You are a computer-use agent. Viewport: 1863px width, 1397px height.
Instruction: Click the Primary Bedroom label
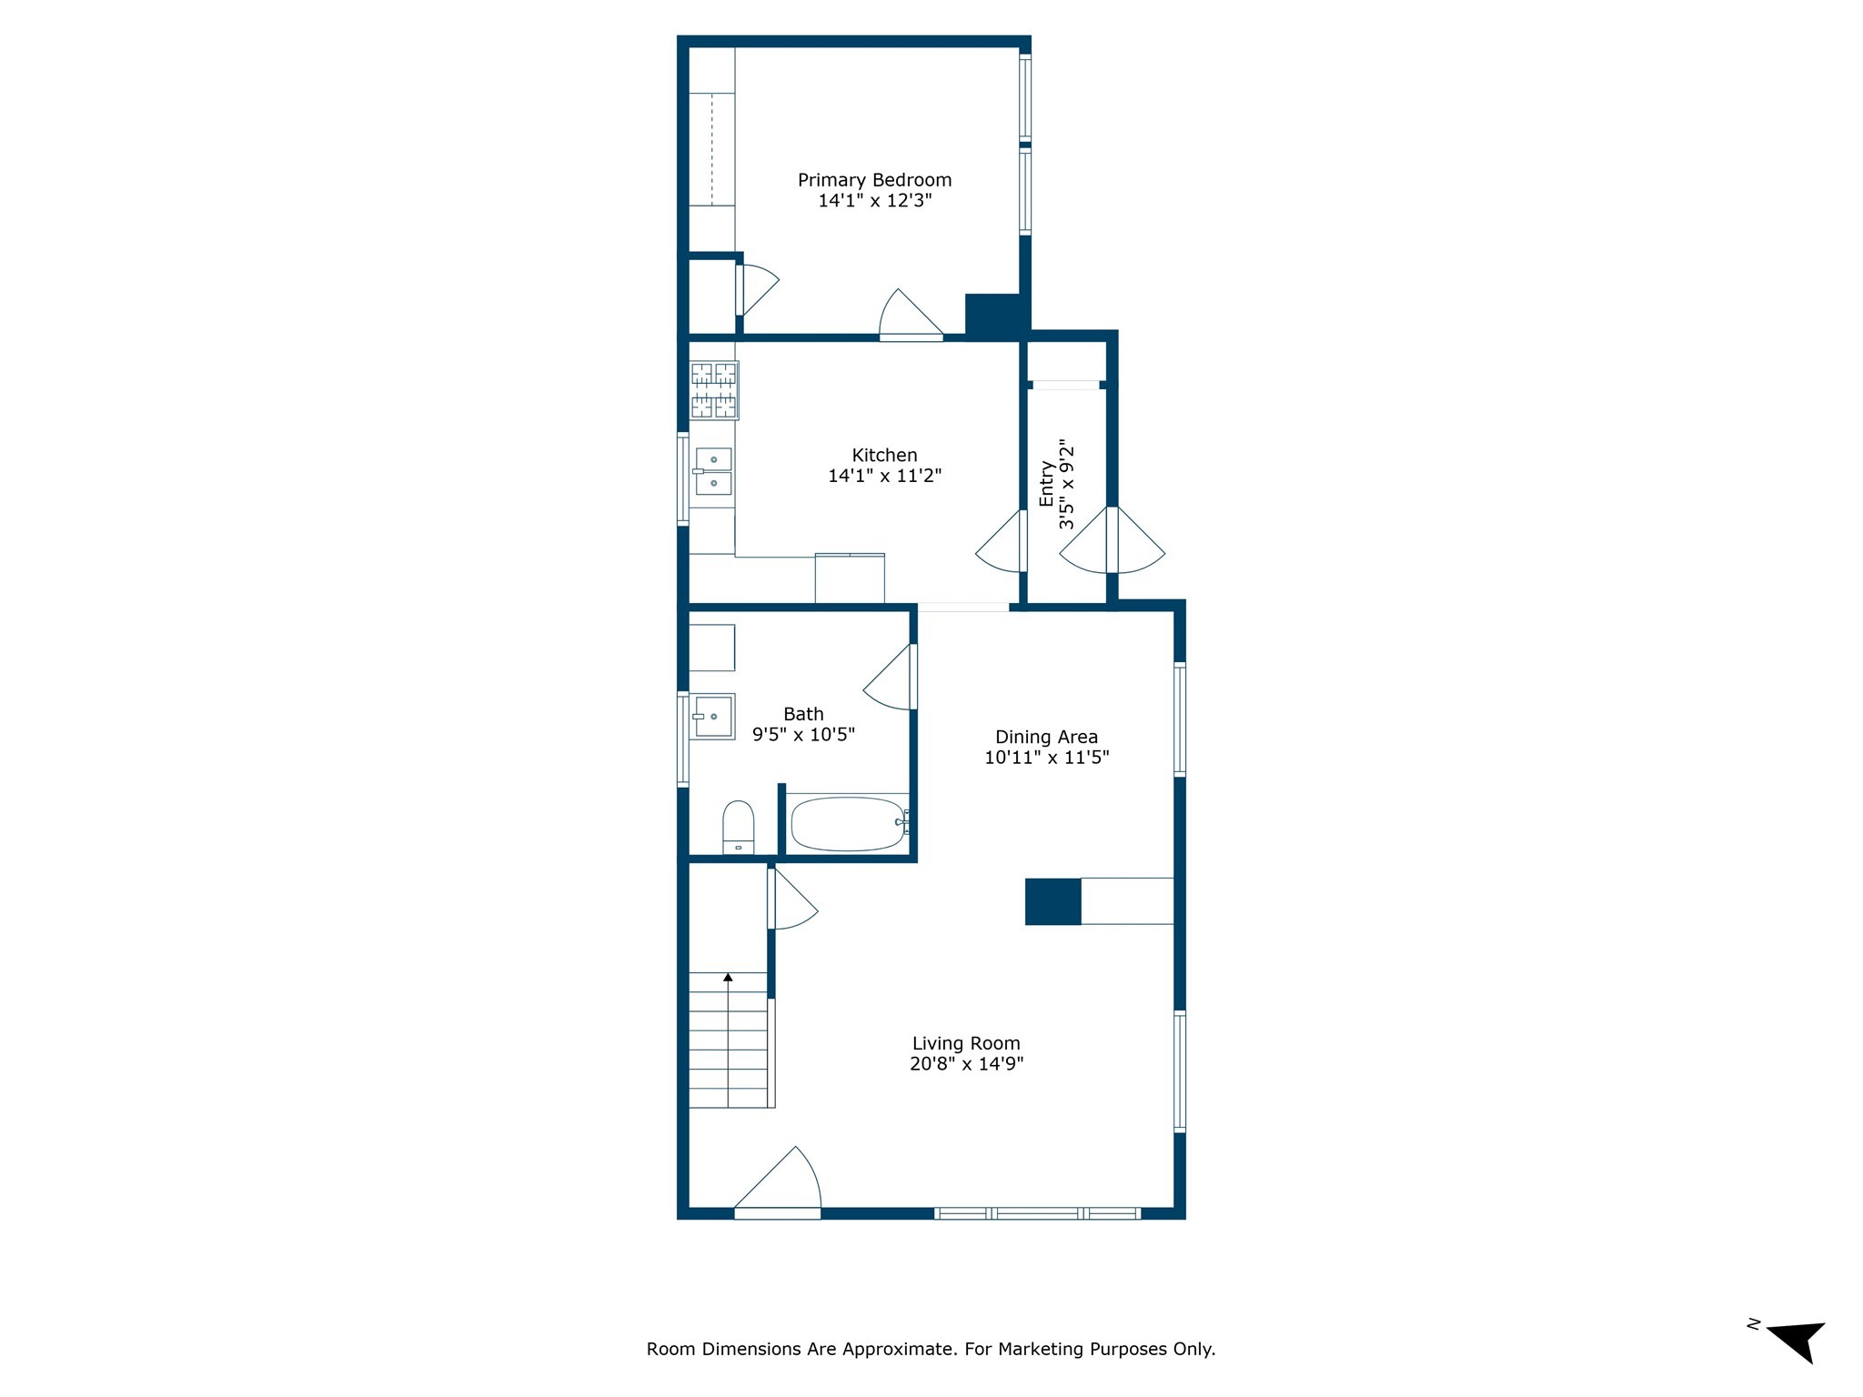(874, 180)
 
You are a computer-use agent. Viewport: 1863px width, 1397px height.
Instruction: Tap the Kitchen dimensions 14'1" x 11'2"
(884, 476)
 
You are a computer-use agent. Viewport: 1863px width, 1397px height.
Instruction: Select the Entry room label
(1047, 484)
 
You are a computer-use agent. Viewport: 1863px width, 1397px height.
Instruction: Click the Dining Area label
(1046, 737)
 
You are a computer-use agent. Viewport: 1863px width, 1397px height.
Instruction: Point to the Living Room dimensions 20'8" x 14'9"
(966, 1064)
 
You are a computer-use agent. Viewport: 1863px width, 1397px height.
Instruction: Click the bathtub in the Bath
(847, 824)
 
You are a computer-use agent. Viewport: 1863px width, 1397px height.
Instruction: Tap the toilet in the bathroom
(738, 826)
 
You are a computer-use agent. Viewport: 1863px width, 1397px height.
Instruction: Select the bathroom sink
(712, 717)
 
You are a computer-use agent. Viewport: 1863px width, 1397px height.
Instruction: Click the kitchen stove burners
(714, 390)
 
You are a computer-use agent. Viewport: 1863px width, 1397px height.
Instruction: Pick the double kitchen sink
(713, 471)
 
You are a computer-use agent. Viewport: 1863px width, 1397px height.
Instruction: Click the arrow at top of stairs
(728, 978)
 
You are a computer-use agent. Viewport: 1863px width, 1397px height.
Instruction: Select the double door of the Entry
(1112, 542)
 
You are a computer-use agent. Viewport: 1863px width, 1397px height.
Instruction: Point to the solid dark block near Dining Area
(1052, 901)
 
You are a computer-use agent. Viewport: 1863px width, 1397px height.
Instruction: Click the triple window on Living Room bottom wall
(1037, 1212)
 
